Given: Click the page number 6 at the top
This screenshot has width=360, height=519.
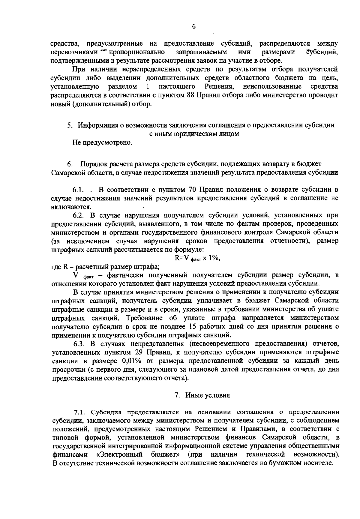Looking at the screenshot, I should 193,27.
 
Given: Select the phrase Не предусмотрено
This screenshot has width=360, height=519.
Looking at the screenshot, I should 102,142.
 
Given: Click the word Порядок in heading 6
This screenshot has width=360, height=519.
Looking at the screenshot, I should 94,164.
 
